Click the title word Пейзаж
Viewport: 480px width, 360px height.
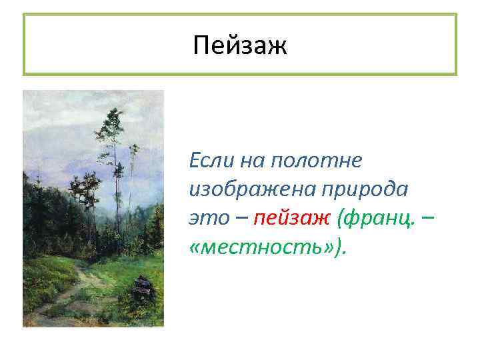click(x=239, y=46)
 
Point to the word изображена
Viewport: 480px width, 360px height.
click(x=249, y=189)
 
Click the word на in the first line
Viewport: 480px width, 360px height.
click(x=251, y=160)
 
